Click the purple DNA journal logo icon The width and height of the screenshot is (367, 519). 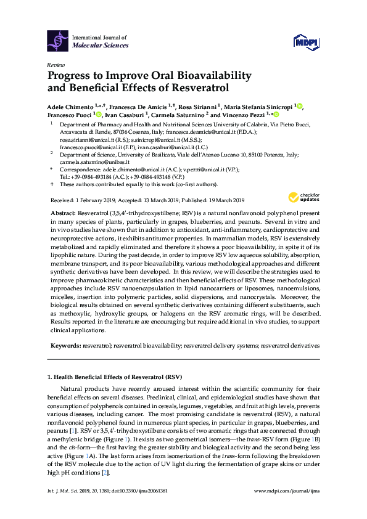pyautogui.click(x=58, y=41)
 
